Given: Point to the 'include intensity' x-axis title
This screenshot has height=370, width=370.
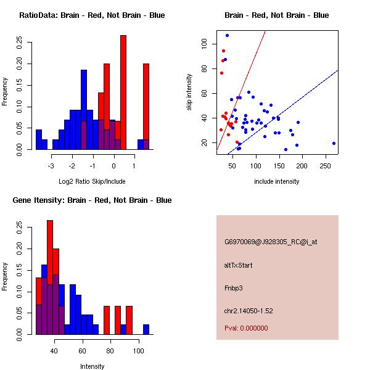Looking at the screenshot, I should click(x=277, y=181).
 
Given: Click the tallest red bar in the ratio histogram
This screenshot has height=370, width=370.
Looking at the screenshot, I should click(x=123, y=92).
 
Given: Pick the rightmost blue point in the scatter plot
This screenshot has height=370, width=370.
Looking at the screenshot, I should click(x=334, y=143).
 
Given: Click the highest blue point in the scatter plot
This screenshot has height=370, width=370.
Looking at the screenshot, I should click(x=227, y=35).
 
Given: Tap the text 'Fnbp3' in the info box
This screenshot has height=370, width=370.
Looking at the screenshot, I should click(x=234, y=288).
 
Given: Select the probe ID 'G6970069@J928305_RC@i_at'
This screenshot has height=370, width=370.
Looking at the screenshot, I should click(x=271, y=242).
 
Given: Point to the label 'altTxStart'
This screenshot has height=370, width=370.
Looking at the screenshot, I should click(x=239, y=265).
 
